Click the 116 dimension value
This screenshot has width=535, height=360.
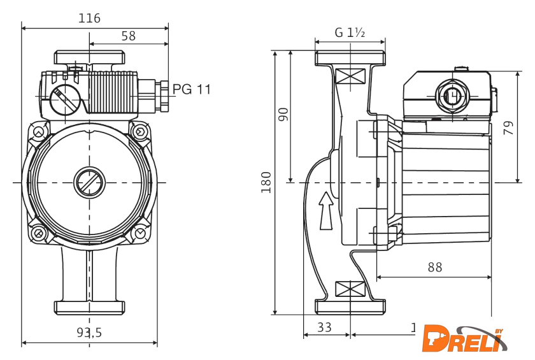tap(89, 18)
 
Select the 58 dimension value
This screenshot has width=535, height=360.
tap(129, 36)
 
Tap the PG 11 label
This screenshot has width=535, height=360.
tap(192, 89)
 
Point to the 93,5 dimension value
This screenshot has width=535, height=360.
tap(89, 332)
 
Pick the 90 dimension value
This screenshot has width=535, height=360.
tap(284, 114)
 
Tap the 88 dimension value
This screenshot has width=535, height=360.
tap(434, 268)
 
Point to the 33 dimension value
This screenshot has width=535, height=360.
tap(324, 328)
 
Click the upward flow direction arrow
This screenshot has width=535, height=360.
tap(325, 210)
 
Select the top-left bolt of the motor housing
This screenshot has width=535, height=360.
tap(39, 133)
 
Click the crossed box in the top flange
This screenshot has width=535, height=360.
tap(350, 76)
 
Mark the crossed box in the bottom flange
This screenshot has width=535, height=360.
tap(350, 288)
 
